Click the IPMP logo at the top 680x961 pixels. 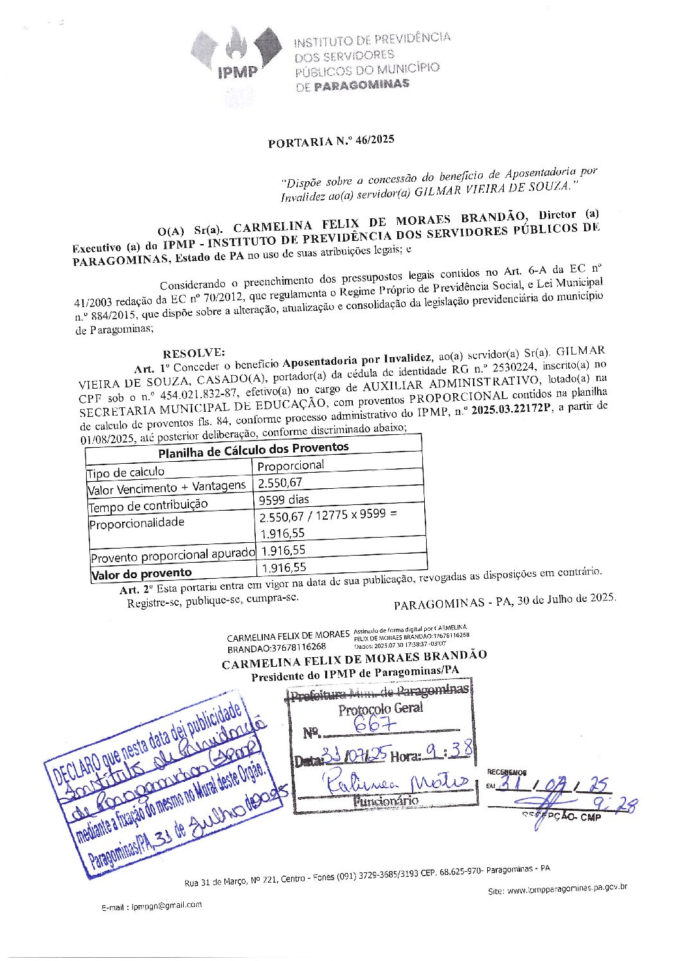[x=237, y=62]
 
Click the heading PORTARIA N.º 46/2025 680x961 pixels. [x=331, y=141]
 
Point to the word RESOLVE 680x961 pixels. [x=193, y=353]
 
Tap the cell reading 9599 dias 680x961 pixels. [x=283, y=499]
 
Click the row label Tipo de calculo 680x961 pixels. [x=126, y=473]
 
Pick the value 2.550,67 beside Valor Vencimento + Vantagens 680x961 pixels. [x=280, y=482]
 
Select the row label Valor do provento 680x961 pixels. [x=141, y=573]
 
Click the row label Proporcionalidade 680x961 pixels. [x=137, y=523]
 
